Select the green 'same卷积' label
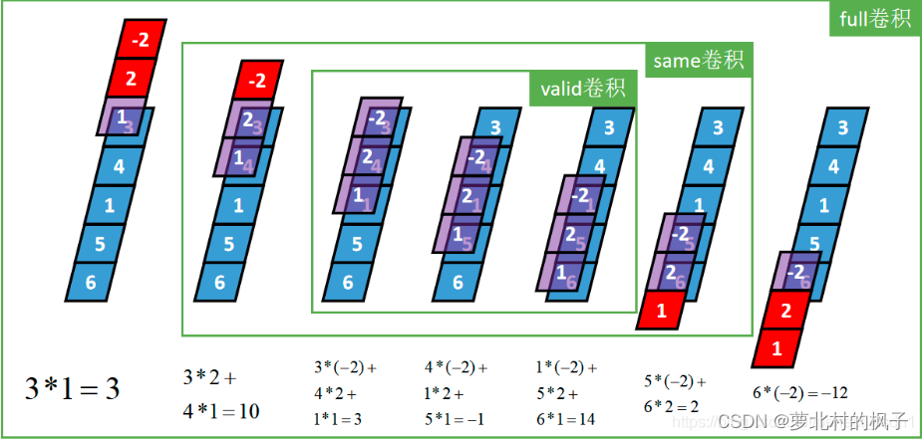tap(698, 61)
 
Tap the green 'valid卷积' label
tap(581, 89)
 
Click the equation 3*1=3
tap(72, 388)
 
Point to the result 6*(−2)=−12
tap(799, 392)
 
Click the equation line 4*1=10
tap(221, 409)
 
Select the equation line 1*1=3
tap(338, 419)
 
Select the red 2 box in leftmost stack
tap(130, 79)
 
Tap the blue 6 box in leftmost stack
tap(93, 282)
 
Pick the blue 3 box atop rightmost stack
tap(842, 127)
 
